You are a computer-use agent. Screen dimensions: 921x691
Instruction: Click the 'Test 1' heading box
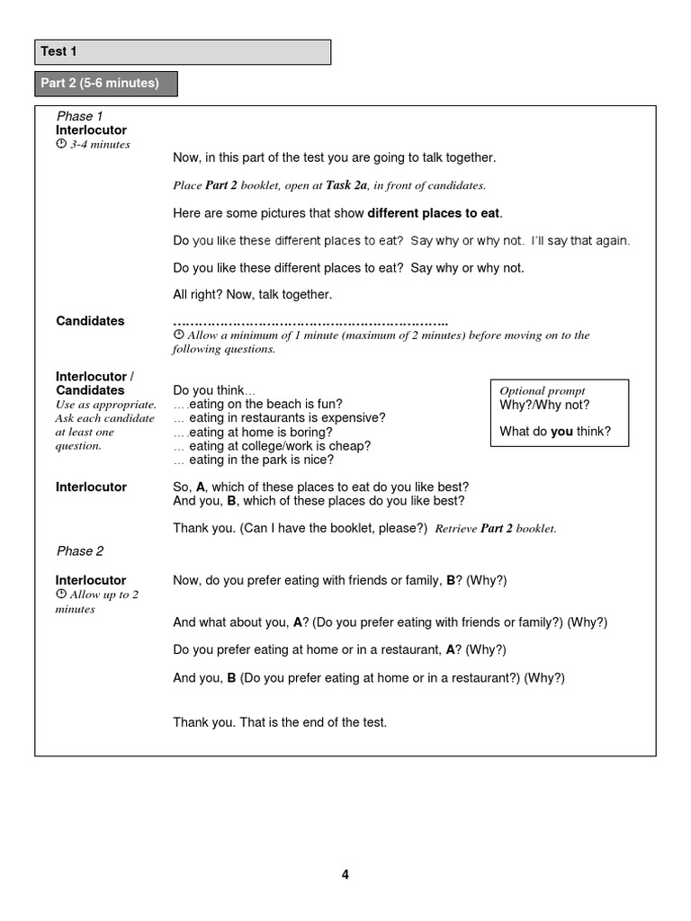(x=183, y=52)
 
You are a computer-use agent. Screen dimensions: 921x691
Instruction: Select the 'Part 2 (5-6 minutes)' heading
(x=105, y=84)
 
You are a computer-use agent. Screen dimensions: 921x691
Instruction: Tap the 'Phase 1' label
(x=80, y=116)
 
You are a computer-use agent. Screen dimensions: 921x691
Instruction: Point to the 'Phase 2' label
(x=80, y=550)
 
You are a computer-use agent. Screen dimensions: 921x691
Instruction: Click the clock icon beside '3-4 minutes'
(x=61, y=145)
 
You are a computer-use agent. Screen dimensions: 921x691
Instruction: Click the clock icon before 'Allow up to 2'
(x=61, y=595)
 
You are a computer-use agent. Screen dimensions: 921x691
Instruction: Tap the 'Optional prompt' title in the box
(x=543, y=390)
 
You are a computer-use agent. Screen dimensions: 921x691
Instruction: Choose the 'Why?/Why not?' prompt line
(x=544, y=405)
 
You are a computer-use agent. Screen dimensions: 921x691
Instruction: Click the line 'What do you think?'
(x=554, y=432)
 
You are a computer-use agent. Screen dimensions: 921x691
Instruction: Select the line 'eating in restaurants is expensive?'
(x=279, y=417)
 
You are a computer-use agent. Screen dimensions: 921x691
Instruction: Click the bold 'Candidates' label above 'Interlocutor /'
(x=90, y=320)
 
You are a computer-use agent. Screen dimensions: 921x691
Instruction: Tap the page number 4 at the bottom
(x=345, y=874)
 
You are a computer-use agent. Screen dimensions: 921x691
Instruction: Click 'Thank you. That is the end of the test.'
(x=280, y=722)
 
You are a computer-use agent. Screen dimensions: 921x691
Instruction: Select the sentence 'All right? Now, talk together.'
(x=252, y=294)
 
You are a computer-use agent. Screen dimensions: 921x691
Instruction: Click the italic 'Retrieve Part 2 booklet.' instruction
(x=496, y=529)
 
